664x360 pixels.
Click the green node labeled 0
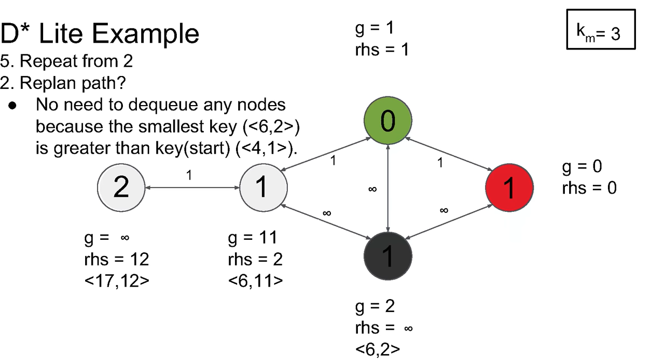(388, 121)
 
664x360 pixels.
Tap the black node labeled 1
(388, 256)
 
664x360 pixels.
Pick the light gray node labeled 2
(121, 188)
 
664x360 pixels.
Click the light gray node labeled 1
(263, 188)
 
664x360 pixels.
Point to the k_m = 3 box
(601, 33)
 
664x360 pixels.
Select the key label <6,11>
(255, 280)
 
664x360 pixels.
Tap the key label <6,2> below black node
(378, 349)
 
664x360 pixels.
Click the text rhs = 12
(113, 259)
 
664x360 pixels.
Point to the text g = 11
(252, 238)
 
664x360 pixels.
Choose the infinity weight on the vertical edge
(372, 190)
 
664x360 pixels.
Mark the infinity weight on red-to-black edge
(444, 210)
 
